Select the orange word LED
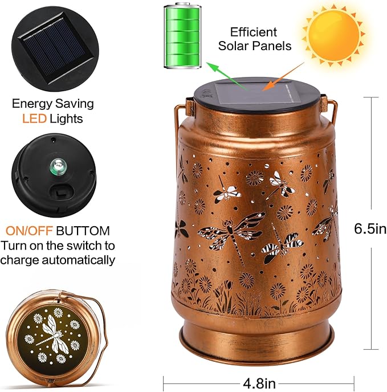tap(34, 119)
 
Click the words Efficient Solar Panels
tap(254, 39)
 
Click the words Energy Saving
tap(53, 104)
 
